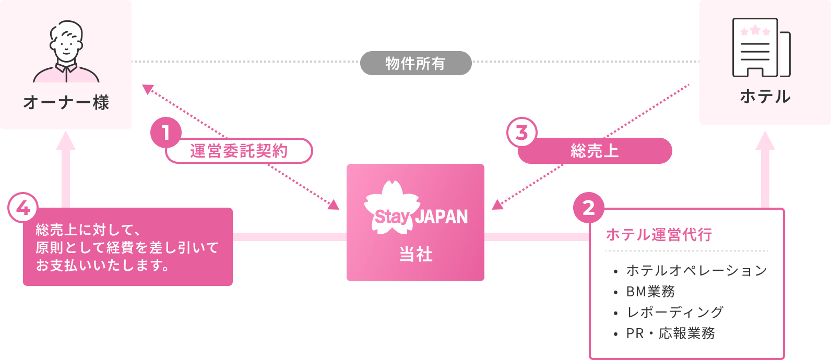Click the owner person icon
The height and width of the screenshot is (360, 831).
point(66,52)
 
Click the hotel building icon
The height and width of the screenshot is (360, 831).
point(761,48)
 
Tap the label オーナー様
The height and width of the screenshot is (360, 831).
point(66,102)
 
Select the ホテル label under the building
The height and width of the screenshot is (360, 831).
point(765,97)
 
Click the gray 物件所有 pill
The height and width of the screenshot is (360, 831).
point(416,63)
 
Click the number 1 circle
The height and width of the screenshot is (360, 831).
point(166,133)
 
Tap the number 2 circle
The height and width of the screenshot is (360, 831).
point(588,208)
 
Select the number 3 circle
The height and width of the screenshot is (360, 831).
point(521,133)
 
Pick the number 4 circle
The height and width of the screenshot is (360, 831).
point(23,208)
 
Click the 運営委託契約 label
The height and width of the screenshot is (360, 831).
point(239,151)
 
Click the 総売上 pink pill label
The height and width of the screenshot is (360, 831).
point(595,151)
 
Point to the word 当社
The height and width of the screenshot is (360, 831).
point(416,254)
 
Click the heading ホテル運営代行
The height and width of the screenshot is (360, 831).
point(659,235)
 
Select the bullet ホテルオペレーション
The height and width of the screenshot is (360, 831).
point(696,270)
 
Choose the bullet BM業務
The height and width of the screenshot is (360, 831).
point(650,291)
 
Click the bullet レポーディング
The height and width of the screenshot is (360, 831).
point(674,312)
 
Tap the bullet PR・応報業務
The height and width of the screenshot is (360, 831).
point(670,333)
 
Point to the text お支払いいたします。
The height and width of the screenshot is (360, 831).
point(103,266)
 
